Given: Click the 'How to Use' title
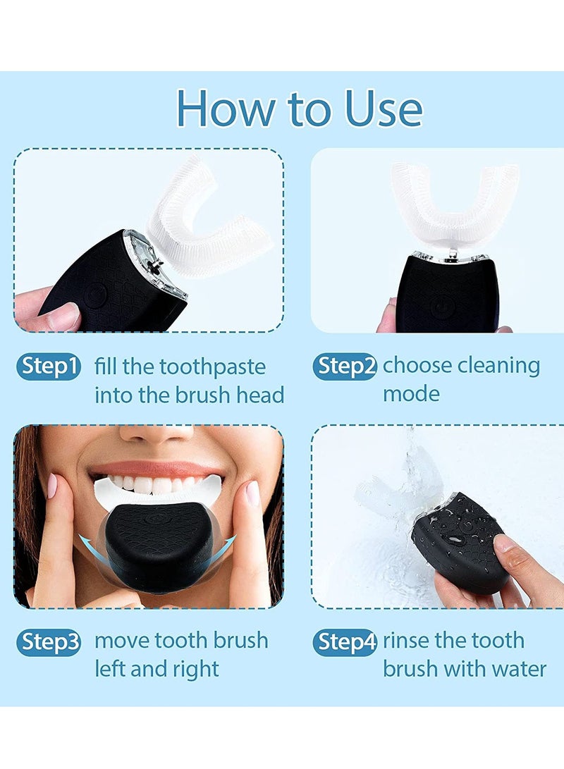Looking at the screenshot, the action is (299, 108).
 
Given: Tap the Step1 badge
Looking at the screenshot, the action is (49, 367).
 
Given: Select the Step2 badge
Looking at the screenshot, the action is (345, 367).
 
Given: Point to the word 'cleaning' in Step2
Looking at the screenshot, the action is (498, 366).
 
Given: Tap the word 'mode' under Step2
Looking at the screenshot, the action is (411, 394).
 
